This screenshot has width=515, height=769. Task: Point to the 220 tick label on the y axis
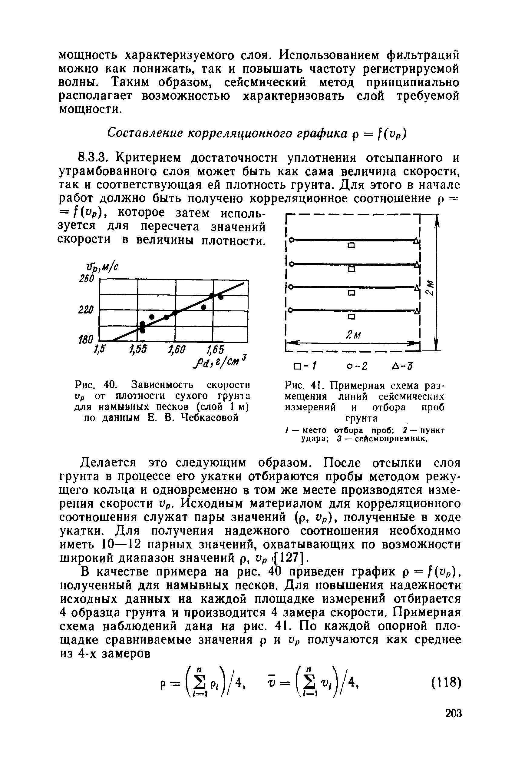coord(86,310)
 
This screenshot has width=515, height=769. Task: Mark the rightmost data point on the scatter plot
coord(221,297)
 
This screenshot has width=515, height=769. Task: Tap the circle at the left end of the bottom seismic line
coord(290,310)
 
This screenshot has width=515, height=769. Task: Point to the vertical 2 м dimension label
coord(430,287)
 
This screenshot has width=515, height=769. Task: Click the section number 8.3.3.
coord(94,158)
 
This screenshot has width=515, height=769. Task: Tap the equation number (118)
coord(445,683)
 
